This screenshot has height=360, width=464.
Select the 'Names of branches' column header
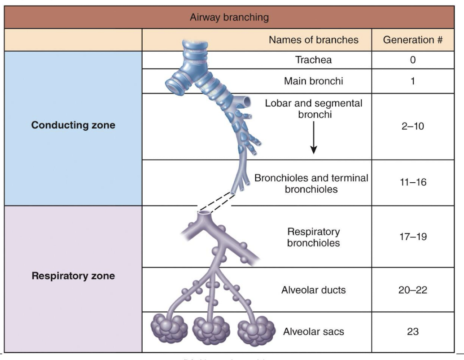313,40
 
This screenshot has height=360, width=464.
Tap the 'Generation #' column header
412,40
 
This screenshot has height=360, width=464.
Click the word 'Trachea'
313,60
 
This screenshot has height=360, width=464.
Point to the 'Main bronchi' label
313,81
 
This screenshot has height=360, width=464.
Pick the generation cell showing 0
412,60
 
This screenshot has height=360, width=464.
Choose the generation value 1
412,81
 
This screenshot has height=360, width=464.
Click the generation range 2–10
412,126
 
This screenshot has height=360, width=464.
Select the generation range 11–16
412,183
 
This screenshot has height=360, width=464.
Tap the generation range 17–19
412,237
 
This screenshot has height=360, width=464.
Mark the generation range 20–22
412,290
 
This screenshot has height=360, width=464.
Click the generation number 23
412,332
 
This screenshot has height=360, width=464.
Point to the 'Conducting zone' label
73,126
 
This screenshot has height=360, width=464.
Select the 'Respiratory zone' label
73,276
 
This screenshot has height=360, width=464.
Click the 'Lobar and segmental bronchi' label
313,108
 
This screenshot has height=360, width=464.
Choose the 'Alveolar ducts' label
313,290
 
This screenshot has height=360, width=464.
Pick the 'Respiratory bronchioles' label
313,237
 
